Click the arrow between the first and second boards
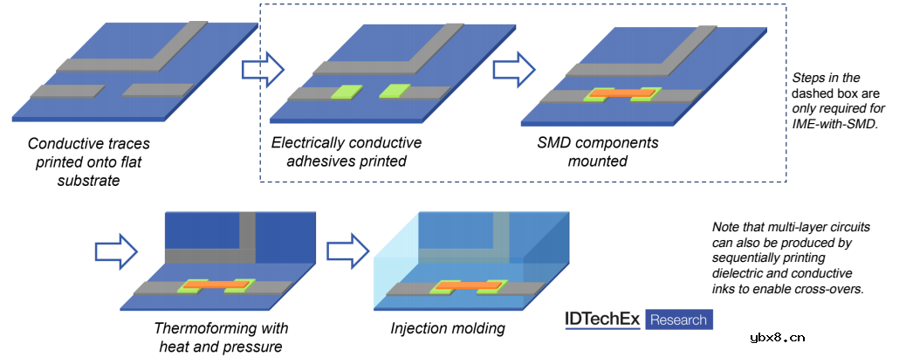(263, 68)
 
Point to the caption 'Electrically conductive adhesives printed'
(347, 152)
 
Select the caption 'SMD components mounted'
(597, 152)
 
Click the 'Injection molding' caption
(448, 329)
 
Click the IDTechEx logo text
(603, 319)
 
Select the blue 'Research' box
(679, 319)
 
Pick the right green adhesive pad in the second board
(395, 90)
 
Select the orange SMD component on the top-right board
(622, 92)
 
